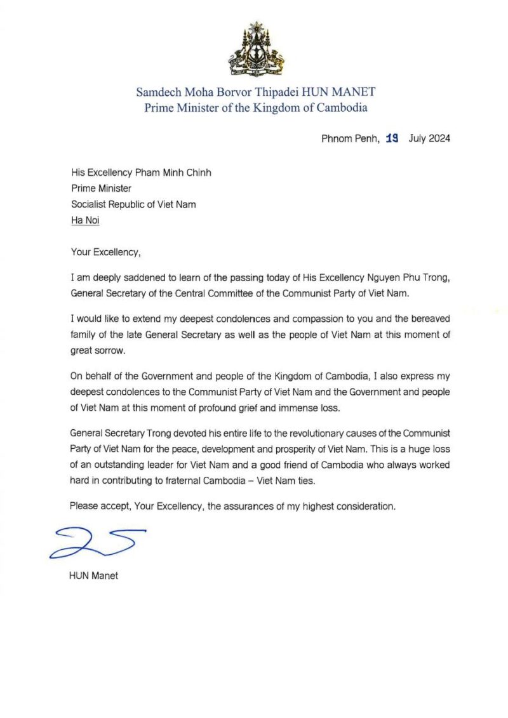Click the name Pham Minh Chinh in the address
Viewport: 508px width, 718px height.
[168, 171]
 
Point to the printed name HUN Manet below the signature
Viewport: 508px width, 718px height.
[93, 576]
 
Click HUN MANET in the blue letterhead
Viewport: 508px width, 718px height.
[340, 92]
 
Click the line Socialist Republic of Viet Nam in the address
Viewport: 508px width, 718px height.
[133, 204]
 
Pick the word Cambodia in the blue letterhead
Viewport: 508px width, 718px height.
[340, 108]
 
